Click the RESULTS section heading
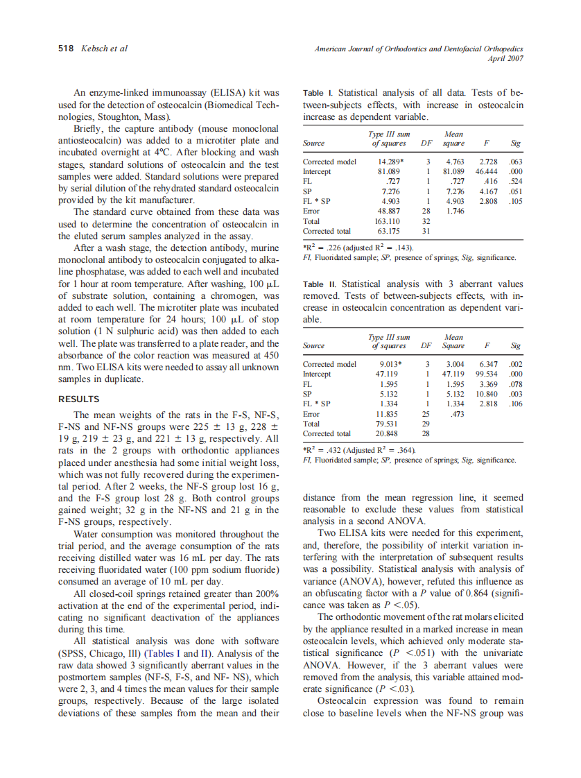click(78, 399)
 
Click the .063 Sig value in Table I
click(515, 162)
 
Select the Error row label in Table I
click(312, 211)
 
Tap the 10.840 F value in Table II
click(484, 393)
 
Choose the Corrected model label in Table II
click(329, 364)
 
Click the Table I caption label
click(319, 93)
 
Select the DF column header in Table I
click(428, 144)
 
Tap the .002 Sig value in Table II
click(515, 364)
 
